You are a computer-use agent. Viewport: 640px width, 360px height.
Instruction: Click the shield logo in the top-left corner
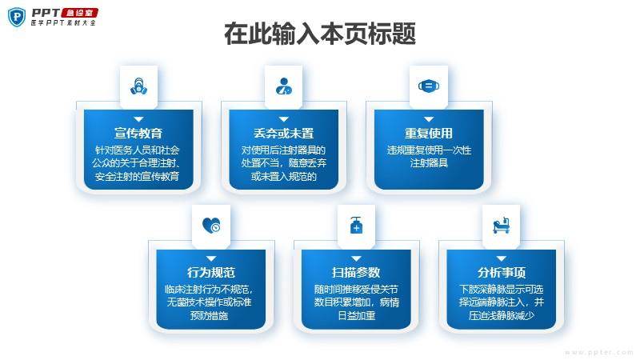pyautogui.click(x=15, y=16)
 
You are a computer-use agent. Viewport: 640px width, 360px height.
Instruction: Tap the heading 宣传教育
pyautogui.click(x=138, y=134)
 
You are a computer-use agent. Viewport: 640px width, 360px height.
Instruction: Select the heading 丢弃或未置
pyautogui.click(x=283, y=134)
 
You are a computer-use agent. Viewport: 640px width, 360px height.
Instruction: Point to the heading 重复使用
pyautogui.click(x=429, y=134)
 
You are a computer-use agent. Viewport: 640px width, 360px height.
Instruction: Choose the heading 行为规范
pyautogui.click(x=211, y=273)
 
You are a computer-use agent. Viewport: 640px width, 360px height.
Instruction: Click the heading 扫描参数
pyautogui.click(x=356, y=273)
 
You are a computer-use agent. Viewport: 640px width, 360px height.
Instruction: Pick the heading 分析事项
pyautogui.click(x=502, y=273)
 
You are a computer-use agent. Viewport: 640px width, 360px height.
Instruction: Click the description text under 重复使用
pyautogui.click(x=429, y=156)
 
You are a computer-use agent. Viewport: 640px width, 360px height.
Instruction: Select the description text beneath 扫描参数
pyautogui.click(x=356, y=302)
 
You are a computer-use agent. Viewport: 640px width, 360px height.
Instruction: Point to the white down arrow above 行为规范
pyautogui.click(x=211, y=258)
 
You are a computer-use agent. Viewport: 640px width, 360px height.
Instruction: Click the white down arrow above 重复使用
pyautogui.click(x=429, y=118)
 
